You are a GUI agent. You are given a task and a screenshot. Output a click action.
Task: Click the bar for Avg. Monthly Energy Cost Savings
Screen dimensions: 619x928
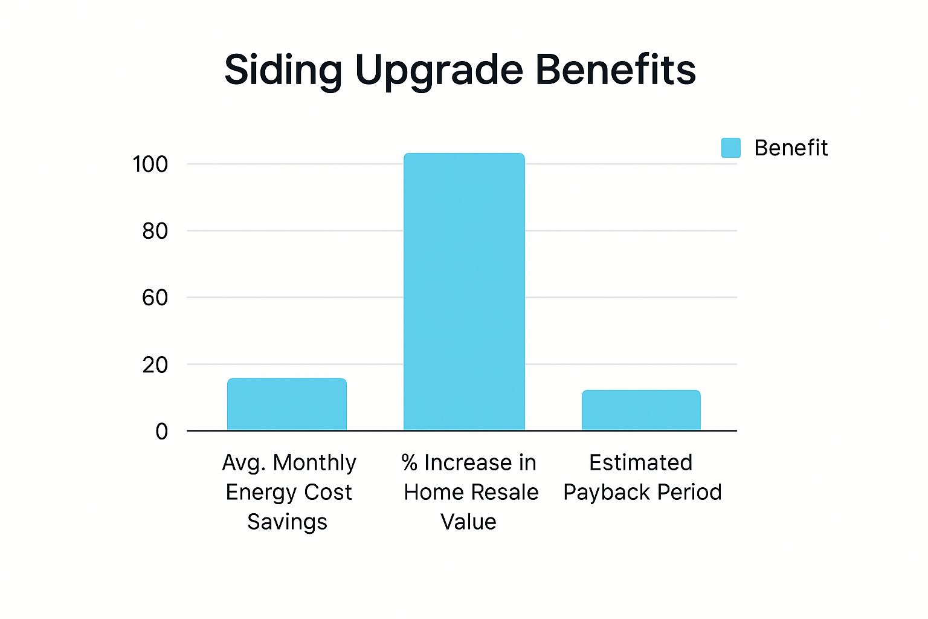[287, 404]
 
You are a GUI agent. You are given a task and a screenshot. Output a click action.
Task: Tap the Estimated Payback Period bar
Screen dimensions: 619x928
[641, 410]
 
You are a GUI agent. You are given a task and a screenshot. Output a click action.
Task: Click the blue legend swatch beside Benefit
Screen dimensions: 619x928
[731, 148]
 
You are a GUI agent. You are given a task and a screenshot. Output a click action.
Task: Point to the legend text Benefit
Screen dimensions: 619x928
[791, 148]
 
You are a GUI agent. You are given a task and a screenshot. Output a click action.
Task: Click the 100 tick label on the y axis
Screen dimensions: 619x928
[150, 164]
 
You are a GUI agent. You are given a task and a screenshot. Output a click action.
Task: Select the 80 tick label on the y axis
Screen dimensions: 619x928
[155, 231]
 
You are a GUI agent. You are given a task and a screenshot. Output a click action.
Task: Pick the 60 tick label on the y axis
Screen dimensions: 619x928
[155, 297]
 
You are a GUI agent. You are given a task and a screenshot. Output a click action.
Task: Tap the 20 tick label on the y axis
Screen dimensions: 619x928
[155, 365]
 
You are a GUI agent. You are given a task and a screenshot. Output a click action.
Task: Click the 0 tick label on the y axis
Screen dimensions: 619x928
[161, 432]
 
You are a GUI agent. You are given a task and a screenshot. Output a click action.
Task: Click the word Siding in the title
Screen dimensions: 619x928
[283, 71]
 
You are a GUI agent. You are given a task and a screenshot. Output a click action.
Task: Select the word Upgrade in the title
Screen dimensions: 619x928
[439, 71]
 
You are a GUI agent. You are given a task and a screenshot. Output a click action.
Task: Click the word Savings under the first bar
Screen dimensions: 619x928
[287, 522]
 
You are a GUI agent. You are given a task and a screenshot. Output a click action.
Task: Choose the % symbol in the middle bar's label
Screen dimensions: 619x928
[410, 463]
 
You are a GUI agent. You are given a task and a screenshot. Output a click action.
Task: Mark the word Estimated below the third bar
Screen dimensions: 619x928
[641, 463]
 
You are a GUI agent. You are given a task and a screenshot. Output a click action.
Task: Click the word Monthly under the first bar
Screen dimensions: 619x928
[314, 463]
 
